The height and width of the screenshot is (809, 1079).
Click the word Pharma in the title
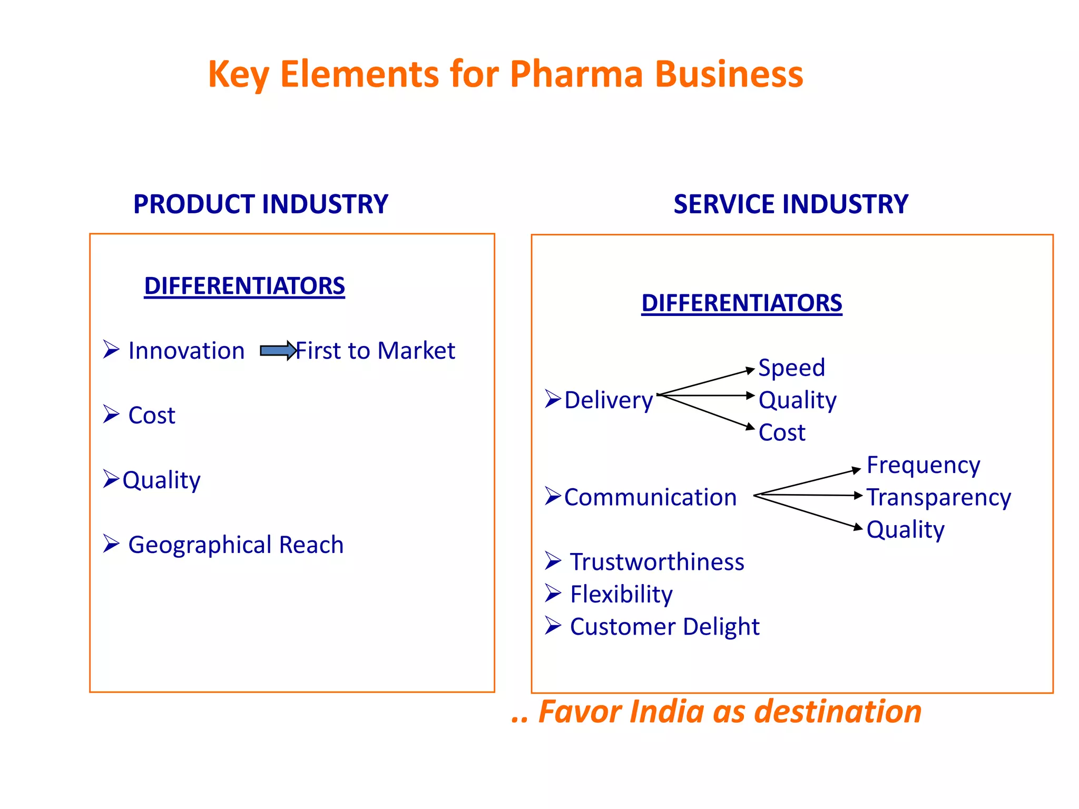[576, 74]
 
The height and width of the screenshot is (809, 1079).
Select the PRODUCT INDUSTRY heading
[261, 204]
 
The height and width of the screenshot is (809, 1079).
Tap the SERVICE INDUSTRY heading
[791, 204]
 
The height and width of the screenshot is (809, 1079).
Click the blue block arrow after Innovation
[278, 351]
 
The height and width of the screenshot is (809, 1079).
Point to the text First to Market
[375, 351]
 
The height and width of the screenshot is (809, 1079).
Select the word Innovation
[187, 351]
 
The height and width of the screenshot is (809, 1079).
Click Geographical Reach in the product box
[236, 545]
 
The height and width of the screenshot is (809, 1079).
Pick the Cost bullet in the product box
[152, 416]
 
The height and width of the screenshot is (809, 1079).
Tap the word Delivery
[609, 400]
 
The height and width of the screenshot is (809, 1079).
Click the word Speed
[791, 368]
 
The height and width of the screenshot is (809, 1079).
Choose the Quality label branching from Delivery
[797, 400]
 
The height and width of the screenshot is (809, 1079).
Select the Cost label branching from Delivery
[782, 433]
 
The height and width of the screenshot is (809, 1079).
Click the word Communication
[650, 497]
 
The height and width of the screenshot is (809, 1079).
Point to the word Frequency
[923, 465]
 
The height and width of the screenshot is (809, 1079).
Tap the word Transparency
[939, 497]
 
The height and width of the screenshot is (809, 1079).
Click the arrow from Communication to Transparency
[809, 495]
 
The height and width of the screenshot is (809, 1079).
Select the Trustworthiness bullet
[657, 562]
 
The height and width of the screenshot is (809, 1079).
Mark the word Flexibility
[621, 595]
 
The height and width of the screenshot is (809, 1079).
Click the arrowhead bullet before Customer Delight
[553, 626]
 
